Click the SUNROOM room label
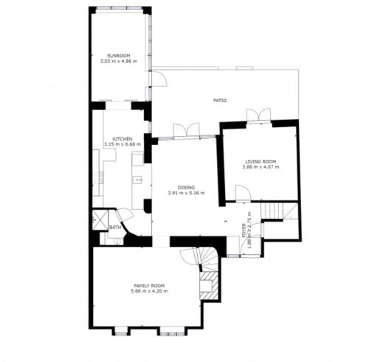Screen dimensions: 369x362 [118, 56]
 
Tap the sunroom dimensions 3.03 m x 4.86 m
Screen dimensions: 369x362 [119, 61]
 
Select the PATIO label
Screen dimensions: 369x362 [220, 100]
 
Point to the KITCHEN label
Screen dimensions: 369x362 [123, 139]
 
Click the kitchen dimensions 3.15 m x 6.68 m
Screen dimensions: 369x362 [123, 144]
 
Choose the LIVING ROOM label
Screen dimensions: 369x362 [261, 162]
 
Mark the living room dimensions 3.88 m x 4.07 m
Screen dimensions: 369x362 [261, 167]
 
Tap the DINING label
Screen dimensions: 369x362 [186, 188]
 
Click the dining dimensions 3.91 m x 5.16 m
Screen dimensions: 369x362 [186, 193]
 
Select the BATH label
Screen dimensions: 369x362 [115, 228]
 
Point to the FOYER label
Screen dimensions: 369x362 [244, 230]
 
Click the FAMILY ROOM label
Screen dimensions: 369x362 [149, 286]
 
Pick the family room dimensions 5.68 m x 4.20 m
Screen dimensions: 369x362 [149, 291]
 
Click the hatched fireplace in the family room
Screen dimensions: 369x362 [209, 286]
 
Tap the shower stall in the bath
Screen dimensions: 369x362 [100, 220]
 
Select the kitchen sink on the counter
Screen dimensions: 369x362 [138, 180]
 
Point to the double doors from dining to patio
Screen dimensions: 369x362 [186, 130]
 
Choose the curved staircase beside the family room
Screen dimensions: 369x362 [206, 259]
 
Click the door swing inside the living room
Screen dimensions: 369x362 [244, 194]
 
